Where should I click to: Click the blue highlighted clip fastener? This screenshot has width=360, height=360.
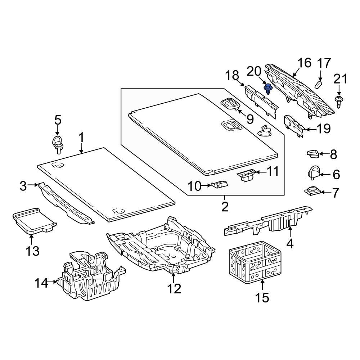tap(268, 88)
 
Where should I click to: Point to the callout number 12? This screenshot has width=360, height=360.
tap(174, 288)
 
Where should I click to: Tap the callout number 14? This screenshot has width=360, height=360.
tap(41, 283)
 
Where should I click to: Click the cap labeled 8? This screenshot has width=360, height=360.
tap(313, 154)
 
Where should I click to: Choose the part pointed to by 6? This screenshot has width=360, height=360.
tap(314, 172)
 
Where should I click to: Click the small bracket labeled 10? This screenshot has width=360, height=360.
tap(220, 185)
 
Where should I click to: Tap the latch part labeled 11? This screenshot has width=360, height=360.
tap(247, 175)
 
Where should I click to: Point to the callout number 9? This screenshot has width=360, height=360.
tap(249, 119)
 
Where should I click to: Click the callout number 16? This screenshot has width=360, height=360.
tap(304, 63)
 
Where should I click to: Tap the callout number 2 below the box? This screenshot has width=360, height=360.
tap(225, 207)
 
